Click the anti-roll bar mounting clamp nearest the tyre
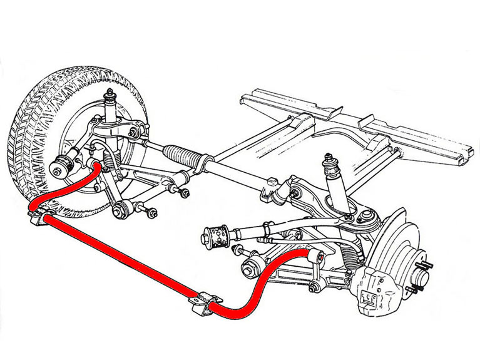click(x=39, y=216)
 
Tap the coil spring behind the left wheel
click(x=110, y=167)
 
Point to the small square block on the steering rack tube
click(x=271, y=182)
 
